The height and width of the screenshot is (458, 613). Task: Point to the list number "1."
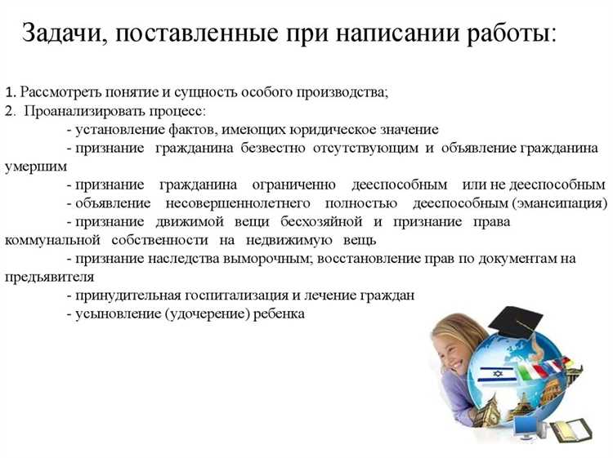[x=10, y=91]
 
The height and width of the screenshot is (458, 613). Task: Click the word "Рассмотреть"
[x=60, y=91]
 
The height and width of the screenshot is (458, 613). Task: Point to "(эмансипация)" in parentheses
[x=559, y=202]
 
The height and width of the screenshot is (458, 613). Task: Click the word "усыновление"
[x=117, y=313]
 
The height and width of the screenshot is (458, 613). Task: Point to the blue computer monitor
[x=522, y=425]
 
